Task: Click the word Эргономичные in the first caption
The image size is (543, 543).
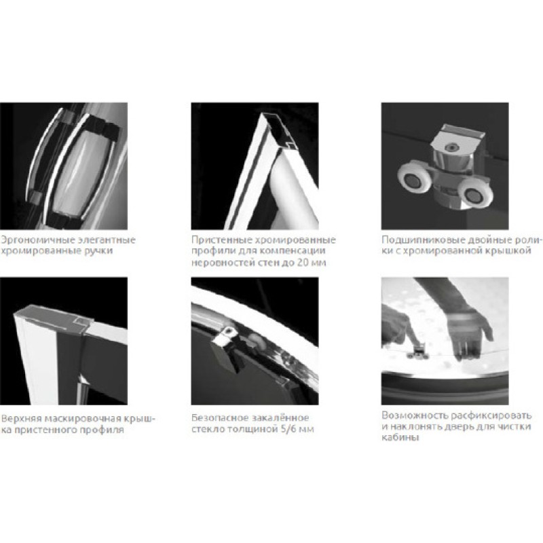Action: pos(37,240)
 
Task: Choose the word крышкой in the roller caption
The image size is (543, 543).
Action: pos(511,250)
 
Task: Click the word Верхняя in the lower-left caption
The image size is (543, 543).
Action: pos(21,419)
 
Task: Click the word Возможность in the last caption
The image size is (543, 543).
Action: pos(413,415)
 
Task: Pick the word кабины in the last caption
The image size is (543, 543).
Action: pos(400,438)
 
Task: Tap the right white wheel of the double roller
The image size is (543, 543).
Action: pos(474,195)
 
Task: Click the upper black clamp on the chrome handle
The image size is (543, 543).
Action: pos(100,129)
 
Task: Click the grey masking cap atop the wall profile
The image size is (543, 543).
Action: pos(54,317)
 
